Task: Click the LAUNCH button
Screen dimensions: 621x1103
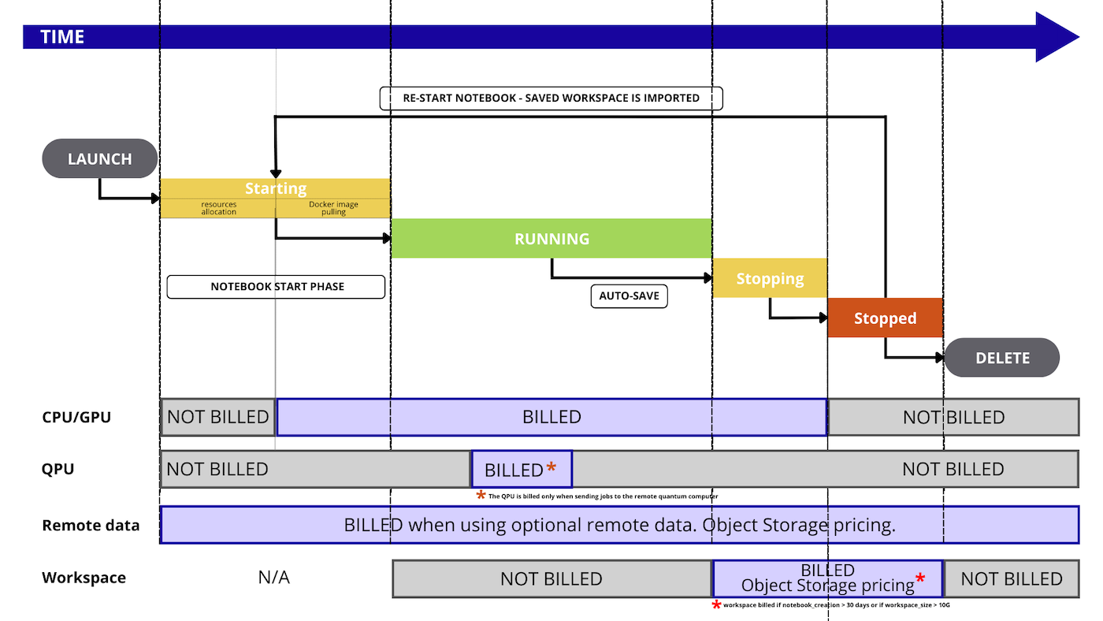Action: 100,159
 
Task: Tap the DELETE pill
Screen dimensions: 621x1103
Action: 1002,358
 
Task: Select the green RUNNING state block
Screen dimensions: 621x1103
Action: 551,239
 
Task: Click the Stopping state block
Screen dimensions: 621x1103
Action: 770,278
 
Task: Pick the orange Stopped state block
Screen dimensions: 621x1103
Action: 885,318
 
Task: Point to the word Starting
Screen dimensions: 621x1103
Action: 276,188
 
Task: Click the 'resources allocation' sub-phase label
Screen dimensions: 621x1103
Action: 218,208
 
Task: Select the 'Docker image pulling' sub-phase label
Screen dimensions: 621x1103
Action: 333,208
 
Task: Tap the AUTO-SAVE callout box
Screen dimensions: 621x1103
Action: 629,296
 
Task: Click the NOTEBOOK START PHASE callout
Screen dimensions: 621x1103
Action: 277,287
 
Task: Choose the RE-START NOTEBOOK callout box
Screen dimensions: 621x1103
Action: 551,99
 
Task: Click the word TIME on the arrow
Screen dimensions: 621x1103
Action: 62,37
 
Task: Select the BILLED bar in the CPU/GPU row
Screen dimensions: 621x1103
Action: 551,417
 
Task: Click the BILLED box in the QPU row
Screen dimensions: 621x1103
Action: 522,470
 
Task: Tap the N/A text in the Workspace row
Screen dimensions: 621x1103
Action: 273,578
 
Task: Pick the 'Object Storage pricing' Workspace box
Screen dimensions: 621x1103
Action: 827,578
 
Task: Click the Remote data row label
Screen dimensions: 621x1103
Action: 91,526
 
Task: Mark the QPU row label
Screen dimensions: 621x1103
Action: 58,470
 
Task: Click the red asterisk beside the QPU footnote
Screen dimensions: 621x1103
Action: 481,496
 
